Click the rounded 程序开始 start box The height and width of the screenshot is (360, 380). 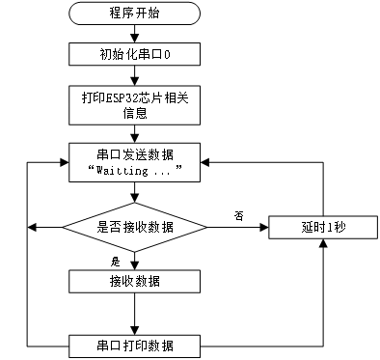click(x=135, y=14)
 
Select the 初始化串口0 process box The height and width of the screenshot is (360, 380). click(x=135, y=54)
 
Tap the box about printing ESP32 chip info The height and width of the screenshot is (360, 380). click(x=135, y=105)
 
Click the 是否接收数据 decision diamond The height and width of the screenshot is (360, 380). click(x=135, y=228)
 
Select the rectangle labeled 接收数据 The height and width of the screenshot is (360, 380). click(x=135, y=281)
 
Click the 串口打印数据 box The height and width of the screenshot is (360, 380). click(x=135, y=346)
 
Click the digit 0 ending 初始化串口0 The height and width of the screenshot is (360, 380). click(x=167, y=54)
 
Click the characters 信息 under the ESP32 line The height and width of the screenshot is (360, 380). click(x=135, y=113)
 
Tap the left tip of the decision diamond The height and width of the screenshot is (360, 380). click(x=66, y=228)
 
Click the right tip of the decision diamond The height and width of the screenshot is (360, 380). click(x=204, y=228)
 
